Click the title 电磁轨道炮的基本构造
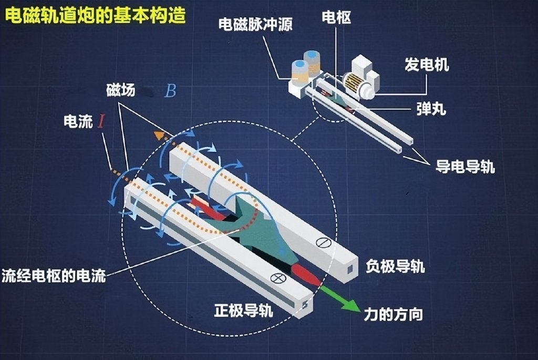95,15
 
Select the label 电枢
337,18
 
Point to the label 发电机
427,65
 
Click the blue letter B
170,91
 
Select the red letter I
103,122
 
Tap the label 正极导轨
243,310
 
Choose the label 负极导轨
395,266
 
